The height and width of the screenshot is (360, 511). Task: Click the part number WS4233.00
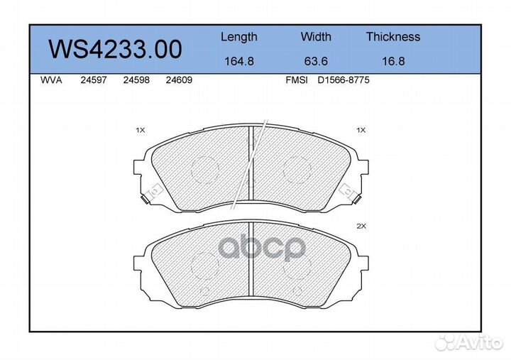114,49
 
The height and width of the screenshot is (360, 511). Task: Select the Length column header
238,37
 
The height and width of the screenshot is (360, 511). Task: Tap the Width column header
316,37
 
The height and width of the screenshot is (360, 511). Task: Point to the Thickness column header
392,37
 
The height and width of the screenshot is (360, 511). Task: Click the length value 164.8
238,61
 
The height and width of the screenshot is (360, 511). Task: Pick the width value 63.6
316,61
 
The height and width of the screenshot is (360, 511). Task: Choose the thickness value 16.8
392,61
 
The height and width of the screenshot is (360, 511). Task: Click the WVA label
52,81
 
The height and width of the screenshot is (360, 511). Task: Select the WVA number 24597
93,81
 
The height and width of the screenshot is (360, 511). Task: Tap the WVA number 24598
136,81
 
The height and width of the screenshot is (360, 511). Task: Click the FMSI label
296,81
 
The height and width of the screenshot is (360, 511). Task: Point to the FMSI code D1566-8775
343,81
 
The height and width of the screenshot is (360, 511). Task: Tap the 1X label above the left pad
140,131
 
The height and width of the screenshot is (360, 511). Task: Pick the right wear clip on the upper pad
348,192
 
